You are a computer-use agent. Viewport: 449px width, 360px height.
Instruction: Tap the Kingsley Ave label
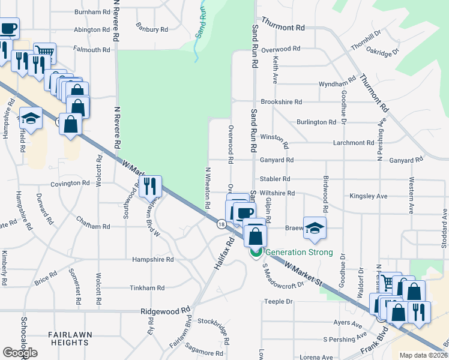point(369,196)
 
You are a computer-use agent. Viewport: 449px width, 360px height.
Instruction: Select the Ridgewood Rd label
point(164,311)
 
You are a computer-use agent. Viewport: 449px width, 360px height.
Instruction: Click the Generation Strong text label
point(299,252)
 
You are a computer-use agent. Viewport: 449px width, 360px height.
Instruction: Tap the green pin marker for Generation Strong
point(256,253)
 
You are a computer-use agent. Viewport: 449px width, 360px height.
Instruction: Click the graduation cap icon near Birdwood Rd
point(314,227)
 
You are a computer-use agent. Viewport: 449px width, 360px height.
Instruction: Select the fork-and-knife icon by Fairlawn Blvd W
point(150,185)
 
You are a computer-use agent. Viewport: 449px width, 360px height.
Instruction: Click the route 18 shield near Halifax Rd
point(221,224)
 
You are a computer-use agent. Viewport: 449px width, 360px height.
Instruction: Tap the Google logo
point(20,353)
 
